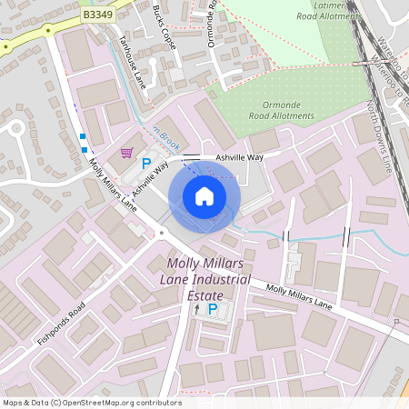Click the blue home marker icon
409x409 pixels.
click(204, 196)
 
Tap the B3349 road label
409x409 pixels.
click(98, 15)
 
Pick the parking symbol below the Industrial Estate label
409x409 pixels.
click(213, 309)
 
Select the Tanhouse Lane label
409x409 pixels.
click(134, 62)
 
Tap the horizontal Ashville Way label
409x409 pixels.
click(239, 157)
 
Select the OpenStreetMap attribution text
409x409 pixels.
click(93, 402)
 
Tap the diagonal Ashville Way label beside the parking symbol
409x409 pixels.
click(150, 177)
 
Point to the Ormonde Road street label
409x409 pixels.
click(213, 25)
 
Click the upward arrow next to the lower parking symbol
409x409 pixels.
click(197, 309)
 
